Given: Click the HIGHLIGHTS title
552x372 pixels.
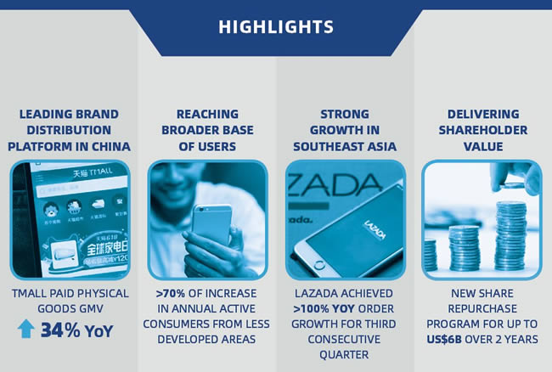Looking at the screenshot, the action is point(276,26).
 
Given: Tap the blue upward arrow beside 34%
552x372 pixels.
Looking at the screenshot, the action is point(26,329).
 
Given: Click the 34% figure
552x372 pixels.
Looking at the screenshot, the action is point(60,330).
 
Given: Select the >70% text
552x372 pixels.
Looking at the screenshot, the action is point(171,293).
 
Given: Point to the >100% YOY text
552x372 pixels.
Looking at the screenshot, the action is point(324,308).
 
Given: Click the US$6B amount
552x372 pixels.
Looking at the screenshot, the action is point(444,339).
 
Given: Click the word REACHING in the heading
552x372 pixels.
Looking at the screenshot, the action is point(207,114).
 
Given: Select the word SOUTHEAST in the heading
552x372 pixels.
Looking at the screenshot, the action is point(324,146).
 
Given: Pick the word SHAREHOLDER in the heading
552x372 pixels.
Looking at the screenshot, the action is point(483,130).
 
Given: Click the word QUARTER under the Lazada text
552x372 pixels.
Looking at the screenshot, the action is point(344,355).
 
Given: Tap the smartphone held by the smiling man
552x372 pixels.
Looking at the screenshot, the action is point(212,224).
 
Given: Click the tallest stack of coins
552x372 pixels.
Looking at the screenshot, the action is point(511,235).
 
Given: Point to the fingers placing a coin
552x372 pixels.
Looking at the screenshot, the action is point(514,178).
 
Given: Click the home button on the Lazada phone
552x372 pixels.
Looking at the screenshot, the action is point(319,265).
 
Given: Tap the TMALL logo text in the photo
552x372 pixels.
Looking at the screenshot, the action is point(93,172).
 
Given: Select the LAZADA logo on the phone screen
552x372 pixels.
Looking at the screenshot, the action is point(375,229).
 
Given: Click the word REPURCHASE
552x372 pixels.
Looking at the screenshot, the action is point(482,308).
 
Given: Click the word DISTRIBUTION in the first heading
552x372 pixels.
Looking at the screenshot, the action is point(69,130).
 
